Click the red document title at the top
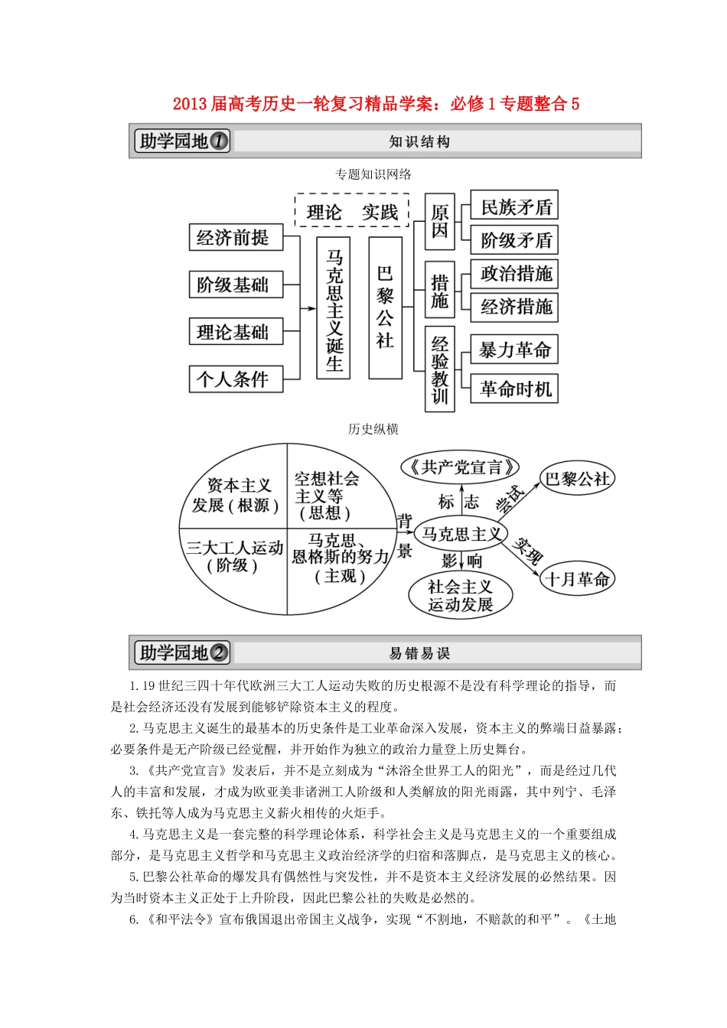point(376,104)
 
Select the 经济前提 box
point(236,238)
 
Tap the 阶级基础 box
point(236,285)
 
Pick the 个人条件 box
point(236,379)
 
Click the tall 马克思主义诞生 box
point(334,308)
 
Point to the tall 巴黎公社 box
point(385,308)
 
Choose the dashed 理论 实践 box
point(352,211)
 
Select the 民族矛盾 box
point(514,207)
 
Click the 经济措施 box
point(514,307)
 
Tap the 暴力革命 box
point(514,350)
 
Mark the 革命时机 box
point(514,389)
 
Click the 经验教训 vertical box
point(439,369)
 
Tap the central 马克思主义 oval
point(461,534)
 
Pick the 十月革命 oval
point(577,579)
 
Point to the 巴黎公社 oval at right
point(577,480)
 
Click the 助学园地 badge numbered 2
point(182,652)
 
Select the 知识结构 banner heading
point(419,142)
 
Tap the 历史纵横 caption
point(373,429)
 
